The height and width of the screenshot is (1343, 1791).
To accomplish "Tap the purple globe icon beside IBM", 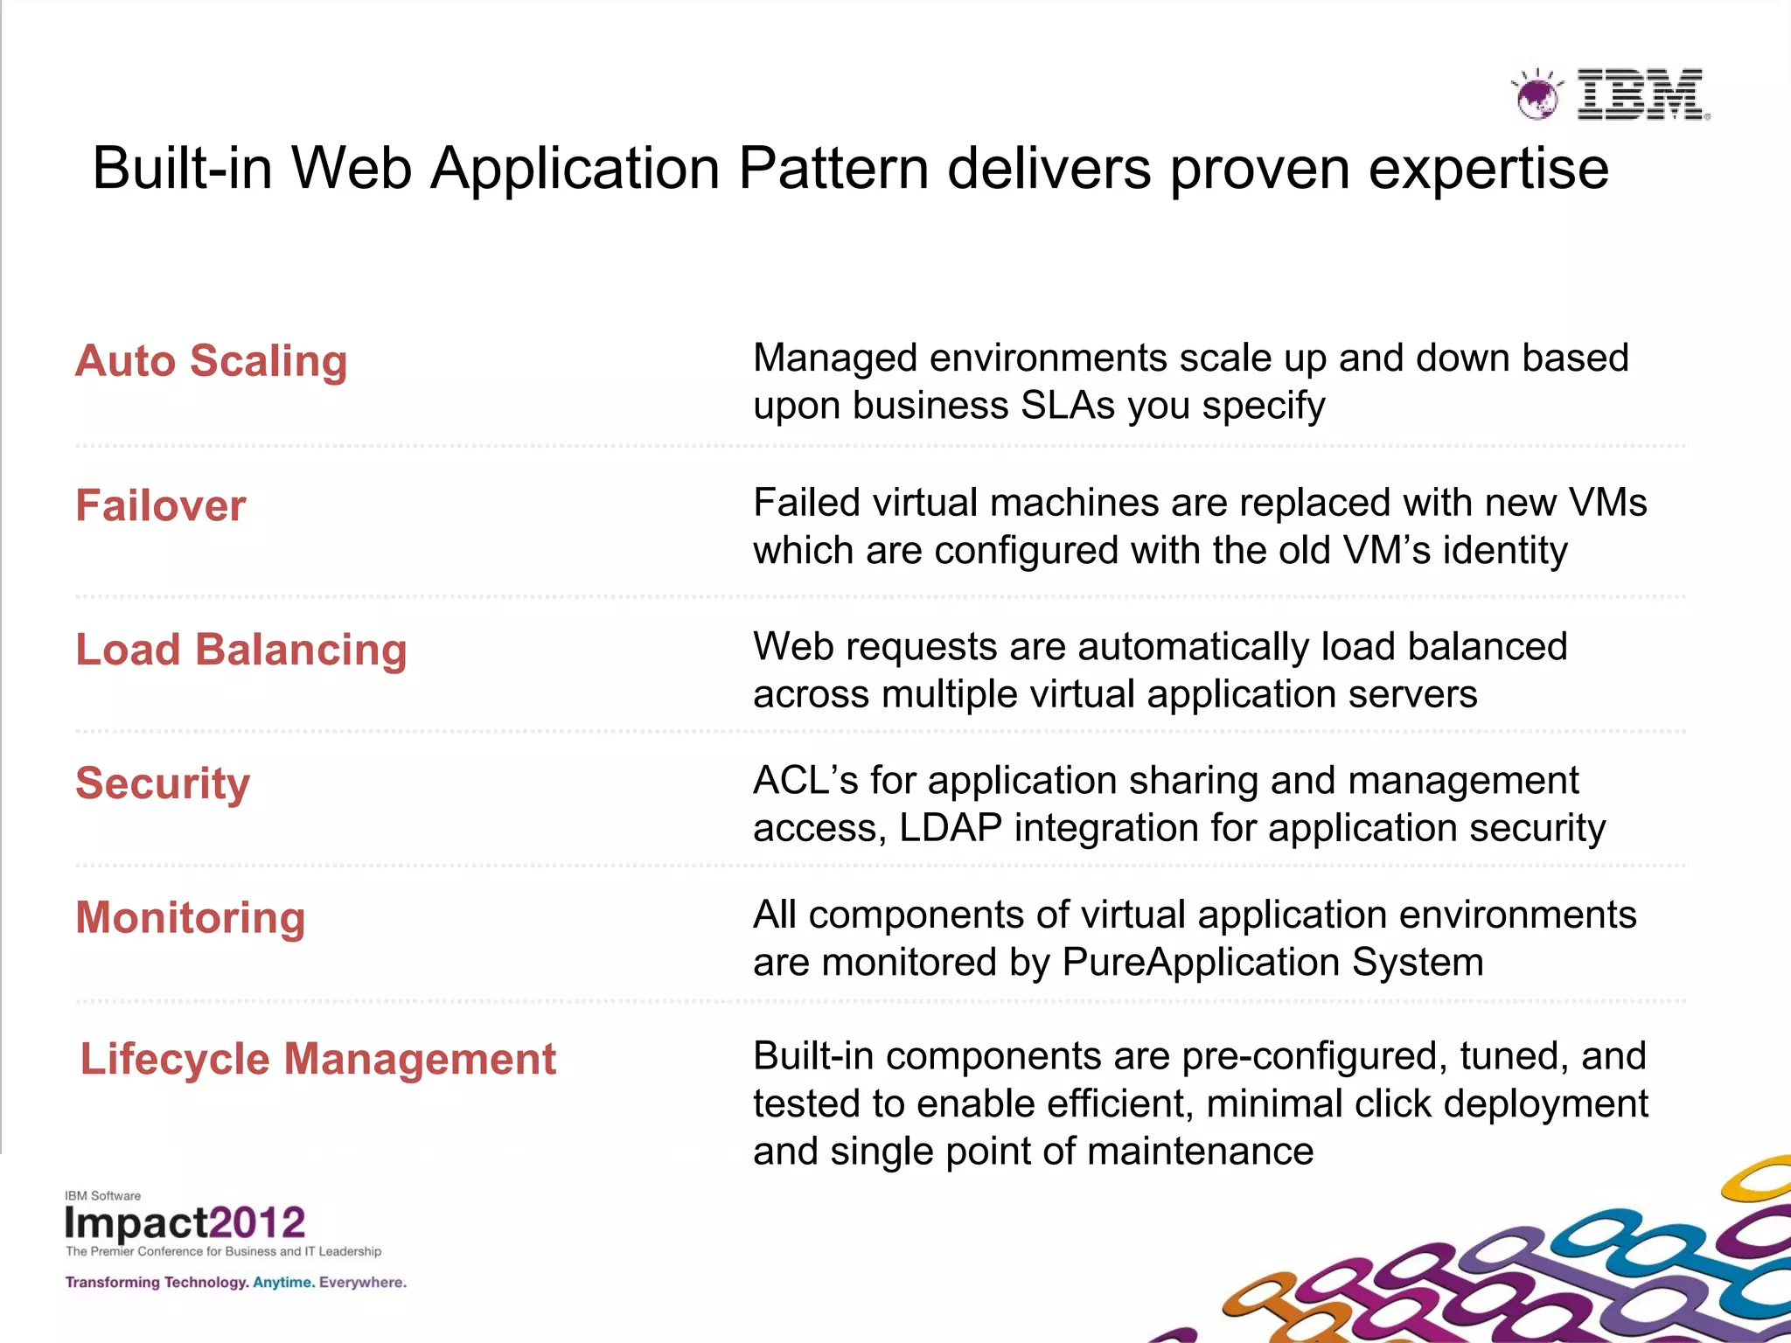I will point(1537,95).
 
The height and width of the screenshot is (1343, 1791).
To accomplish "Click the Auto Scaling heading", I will point(212,361).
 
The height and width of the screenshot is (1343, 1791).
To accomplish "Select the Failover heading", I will point(161,505).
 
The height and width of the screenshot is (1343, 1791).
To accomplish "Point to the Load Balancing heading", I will point(241,650).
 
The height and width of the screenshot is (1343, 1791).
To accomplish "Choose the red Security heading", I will point(163,783).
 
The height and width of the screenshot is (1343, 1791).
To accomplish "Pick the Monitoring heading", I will point(191,918).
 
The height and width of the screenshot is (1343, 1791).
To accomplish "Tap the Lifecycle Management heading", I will point(318,1059).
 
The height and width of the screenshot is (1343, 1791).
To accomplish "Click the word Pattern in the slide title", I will point(833,168).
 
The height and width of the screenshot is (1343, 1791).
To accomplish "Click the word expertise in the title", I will point(1488,170).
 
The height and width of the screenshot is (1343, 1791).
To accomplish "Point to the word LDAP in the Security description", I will point(951,828).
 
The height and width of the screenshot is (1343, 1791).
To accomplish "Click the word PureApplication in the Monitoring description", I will point(1201,963).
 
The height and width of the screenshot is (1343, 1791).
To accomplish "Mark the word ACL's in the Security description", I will point(805,781).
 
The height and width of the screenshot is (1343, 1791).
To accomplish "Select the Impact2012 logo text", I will point(185,1222).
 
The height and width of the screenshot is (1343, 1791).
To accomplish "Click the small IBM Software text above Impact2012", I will point(102,1195).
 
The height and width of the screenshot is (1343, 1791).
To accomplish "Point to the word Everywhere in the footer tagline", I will point(362,1283).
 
